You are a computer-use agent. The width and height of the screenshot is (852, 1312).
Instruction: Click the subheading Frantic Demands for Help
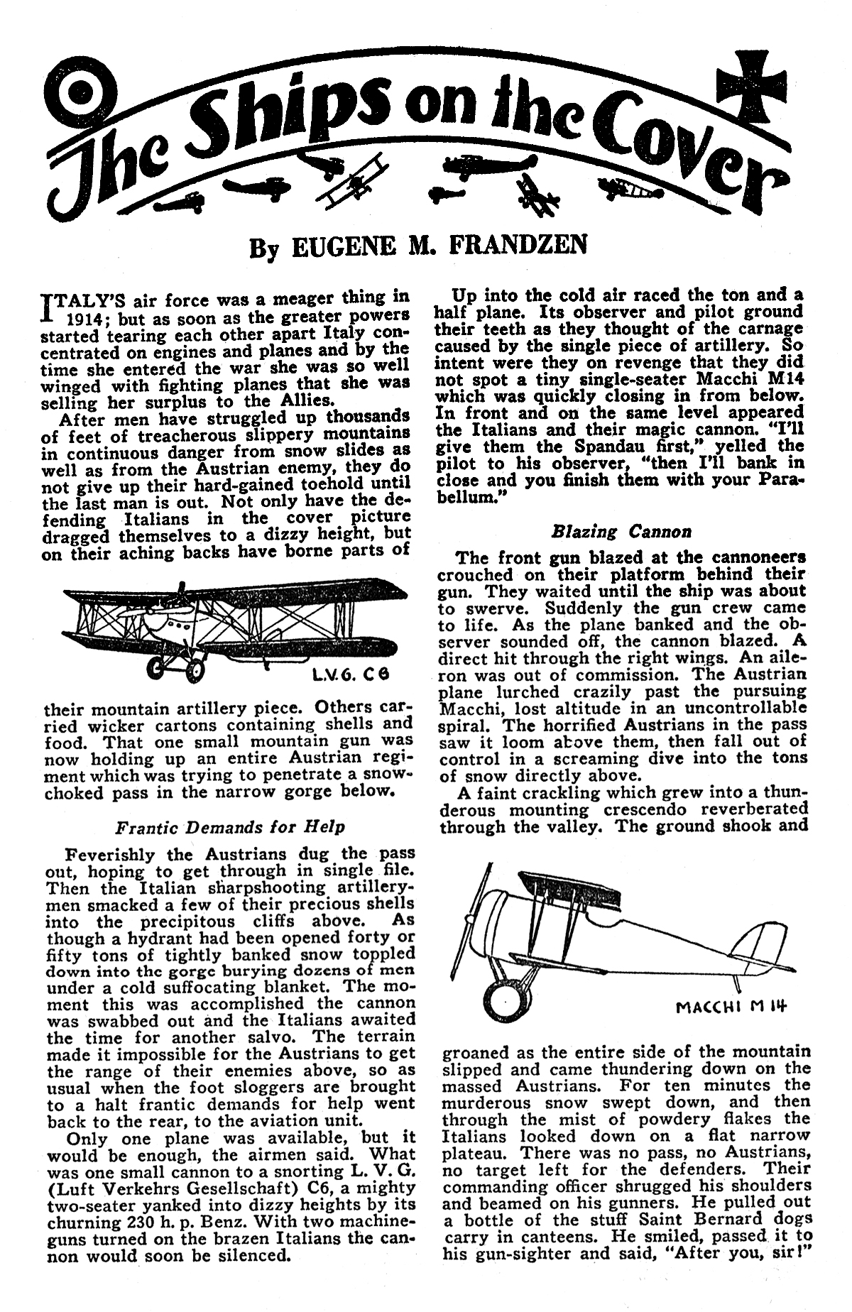230,827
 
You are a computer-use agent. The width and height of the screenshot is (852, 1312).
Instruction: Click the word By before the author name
260,248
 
